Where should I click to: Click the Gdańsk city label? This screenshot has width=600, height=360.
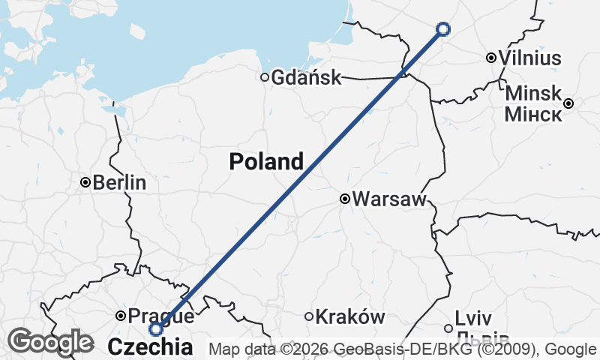[306, 77]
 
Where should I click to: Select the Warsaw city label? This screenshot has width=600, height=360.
[389, 199]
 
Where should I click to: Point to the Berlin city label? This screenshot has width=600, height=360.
[119, 183]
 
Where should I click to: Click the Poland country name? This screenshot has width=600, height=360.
[266, 161]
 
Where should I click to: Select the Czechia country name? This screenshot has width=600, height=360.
[150, 346]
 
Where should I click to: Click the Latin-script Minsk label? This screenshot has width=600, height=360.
[533, 93]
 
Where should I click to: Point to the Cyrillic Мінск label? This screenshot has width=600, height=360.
[533, 114]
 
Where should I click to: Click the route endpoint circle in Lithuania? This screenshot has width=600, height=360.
[443, 29]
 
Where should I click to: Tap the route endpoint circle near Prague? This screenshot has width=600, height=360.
[156, 329]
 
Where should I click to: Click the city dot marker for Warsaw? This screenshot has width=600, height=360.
[345, 199]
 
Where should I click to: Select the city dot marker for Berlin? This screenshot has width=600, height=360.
[85, 182]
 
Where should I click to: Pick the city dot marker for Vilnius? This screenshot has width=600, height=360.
[490, 58]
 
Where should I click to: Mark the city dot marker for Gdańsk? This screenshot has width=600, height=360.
[264, 77]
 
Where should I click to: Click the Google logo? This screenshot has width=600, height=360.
[50, 342]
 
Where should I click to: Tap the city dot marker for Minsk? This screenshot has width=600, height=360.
[569, 103]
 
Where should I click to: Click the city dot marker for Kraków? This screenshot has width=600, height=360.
[308, 316]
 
